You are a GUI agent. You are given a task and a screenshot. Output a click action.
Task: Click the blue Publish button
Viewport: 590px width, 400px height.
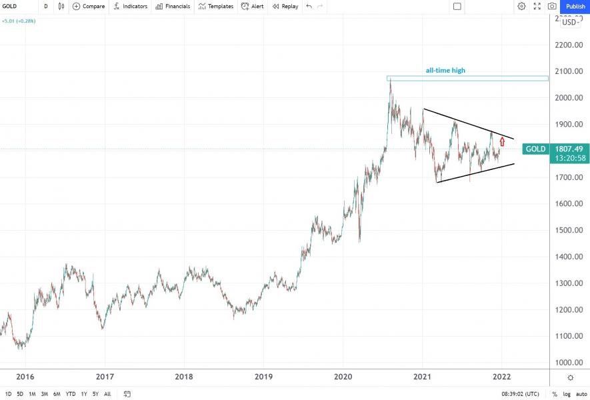click(575, 6)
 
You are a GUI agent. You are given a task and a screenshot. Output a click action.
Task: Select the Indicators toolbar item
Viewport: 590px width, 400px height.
click(131, 6)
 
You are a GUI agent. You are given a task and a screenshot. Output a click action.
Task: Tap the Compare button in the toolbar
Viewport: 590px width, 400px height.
click(89, 6)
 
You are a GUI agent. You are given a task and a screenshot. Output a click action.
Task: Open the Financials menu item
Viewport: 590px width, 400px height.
click(173, 6)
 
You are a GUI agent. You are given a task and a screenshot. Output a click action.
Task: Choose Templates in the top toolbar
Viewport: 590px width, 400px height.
click(216, 6)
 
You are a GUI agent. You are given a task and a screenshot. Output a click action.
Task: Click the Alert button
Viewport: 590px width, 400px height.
click(253, 6)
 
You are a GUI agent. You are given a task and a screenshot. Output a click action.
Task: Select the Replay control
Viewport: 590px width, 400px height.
click(285, 6)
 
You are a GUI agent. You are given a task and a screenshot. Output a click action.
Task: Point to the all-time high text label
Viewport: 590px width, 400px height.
click(445, 70)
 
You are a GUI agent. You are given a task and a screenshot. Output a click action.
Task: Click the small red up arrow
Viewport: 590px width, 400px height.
click(502, 141)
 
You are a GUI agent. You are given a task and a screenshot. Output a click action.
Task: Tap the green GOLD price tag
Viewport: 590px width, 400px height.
click(535, 149)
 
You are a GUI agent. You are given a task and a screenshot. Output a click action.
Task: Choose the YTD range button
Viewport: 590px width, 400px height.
click(70, 394)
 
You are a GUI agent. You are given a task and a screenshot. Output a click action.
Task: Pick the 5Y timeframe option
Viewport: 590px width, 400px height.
click(95, 394)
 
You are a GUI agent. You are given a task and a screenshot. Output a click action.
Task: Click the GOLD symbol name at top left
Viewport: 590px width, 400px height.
click(9, 6)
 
